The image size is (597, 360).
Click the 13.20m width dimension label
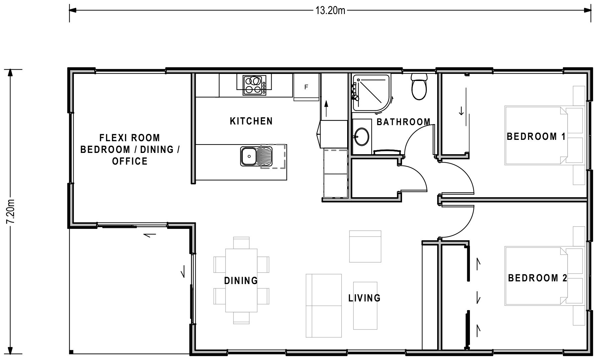[x=330, y=11]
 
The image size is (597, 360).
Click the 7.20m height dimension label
[x=11, y=211]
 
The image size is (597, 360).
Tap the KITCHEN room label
[x=251, y=121]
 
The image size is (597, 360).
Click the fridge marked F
[x=306, y=87]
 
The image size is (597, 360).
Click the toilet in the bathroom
[x=419, y=87]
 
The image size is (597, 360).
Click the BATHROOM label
[x=403, y=122]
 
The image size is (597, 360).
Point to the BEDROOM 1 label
[x=536, y=137]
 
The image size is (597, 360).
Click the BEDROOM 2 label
[x=537, y=278]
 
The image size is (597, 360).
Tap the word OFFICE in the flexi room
[x=130, y=161]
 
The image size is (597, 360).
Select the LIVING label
[x=364, y=298]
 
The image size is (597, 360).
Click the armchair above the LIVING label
[x=365, y=246]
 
